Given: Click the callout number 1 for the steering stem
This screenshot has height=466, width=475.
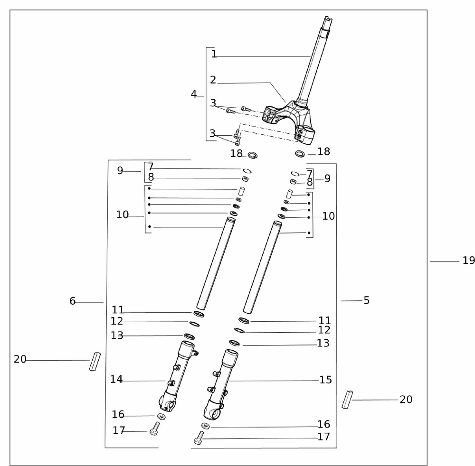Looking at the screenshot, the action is tap(214, 54).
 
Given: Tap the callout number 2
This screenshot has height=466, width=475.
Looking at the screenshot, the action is tap(213, 80).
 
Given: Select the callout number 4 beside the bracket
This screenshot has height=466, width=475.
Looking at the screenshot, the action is tap(194, 94).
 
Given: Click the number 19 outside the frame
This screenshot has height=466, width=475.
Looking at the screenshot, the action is tap(468, 260).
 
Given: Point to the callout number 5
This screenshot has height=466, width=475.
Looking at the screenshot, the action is tap(366, 300).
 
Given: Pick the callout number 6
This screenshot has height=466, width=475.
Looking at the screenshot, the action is tap(72, 301).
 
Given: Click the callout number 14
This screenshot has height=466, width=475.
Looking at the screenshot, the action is tap(116, 379).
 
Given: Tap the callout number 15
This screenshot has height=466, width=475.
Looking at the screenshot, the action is tap(326, 380).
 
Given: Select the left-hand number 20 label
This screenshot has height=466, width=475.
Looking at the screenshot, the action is tap(20, 359).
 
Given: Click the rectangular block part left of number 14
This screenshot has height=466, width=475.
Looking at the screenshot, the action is tap(95, 362).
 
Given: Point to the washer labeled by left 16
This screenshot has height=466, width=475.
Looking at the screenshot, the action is tap(161, 416).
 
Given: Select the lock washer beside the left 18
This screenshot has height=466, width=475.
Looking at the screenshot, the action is tap(253, 156).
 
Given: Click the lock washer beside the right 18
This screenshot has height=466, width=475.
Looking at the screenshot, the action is tap(300, 154).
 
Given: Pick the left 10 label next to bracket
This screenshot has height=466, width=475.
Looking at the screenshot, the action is tap(123, 215).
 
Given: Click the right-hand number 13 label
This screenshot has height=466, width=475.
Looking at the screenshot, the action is tap(323, 343).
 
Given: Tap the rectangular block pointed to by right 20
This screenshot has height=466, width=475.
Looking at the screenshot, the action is tap(347, 400).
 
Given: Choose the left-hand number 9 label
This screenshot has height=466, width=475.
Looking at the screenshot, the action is tap(120, 171).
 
